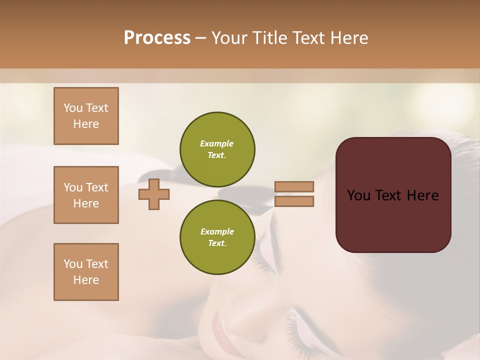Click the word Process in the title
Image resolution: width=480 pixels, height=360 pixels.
coord(157,38)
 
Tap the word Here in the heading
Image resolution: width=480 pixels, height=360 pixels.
coord(348,38)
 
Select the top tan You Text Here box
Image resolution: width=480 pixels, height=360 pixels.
coord(86,116)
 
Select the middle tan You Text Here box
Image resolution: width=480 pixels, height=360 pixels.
coord(86,195)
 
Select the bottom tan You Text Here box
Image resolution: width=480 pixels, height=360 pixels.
coord(86,272)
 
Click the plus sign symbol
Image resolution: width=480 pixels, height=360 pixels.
coord(154,194)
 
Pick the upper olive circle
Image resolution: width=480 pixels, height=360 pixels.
coord(217,149)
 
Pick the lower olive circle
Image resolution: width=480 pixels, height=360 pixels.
coord(217,237)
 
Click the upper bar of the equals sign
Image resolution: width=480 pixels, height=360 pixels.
coord(294,187)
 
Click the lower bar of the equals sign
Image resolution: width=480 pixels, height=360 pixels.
coord(294,201)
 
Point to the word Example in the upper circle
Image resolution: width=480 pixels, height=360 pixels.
coord(217,143)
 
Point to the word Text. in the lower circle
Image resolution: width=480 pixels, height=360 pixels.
coord(217,243)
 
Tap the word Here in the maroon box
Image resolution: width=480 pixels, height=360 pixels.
coord(422,195)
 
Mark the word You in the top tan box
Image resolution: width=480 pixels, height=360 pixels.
coord(73,108)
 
